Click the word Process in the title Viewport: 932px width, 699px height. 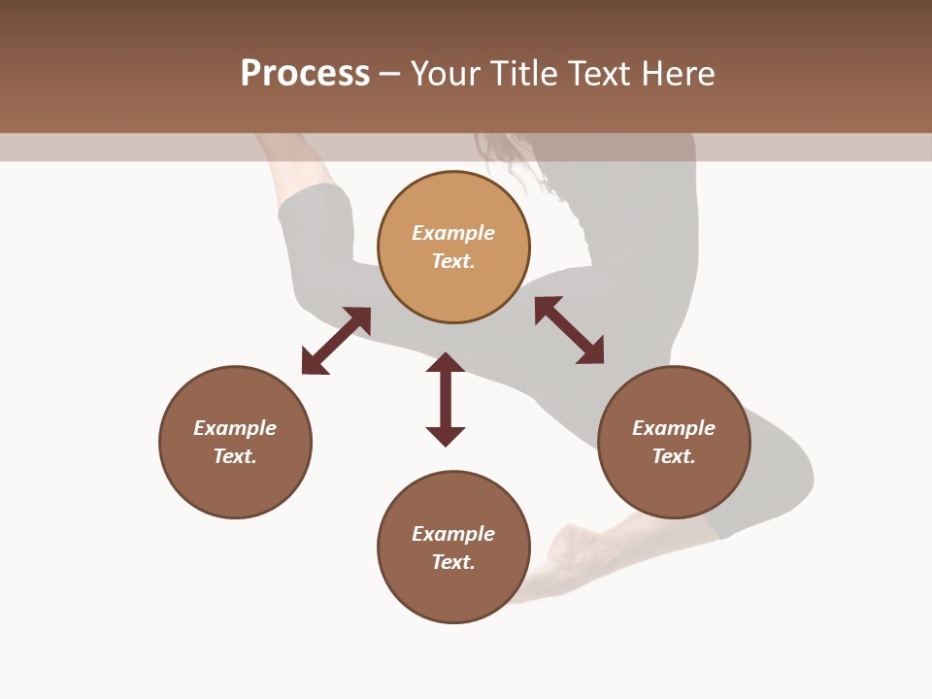305,74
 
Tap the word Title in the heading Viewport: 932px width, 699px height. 524,74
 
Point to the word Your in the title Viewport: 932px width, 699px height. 447,74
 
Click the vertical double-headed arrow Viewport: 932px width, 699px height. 446,399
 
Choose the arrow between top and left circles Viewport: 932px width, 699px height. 336,341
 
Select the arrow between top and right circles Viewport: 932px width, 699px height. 569,330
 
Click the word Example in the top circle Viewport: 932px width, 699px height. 453,233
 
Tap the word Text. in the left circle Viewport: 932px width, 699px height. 235,456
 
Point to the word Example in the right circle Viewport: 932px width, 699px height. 674,428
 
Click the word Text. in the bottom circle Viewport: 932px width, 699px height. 453,562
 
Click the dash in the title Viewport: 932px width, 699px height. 389,74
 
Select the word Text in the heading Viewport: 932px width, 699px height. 602,74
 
